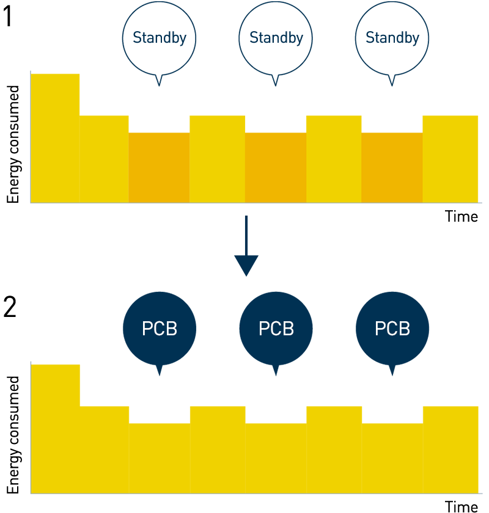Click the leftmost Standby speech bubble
(160, 38)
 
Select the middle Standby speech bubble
(276, 38)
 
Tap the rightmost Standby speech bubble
(392, 38)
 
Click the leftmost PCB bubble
(160, 329)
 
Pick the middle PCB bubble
(276, 329)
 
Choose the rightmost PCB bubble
(392, 329)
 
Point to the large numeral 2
(10, 309)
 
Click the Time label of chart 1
(461, 216)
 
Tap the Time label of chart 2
(461, 506)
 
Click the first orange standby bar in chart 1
(159, 167)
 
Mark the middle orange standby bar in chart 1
(276, 167)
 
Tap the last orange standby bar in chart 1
(392, 167)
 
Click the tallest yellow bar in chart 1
(56, 137)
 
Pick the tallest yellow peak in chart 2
(56, 428)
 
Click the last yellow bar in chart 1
(450, 159)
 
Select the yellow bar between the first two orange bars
(217, 159)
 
